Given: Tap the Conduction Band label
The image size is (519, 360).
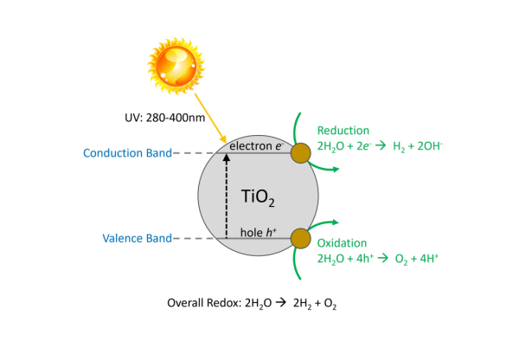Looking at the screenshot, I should click(127, 153).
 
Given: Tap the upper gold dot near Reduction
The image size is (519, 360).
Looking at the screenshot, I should click(301, 153).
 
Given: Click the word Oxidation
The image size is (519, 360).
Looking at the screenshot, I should click(342, 243).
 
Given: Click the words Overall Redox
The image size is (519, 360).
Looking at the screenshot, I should click(200, 304).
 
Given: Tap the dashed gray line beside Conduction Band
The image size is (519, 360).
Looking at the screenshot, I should click(186, 153).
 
